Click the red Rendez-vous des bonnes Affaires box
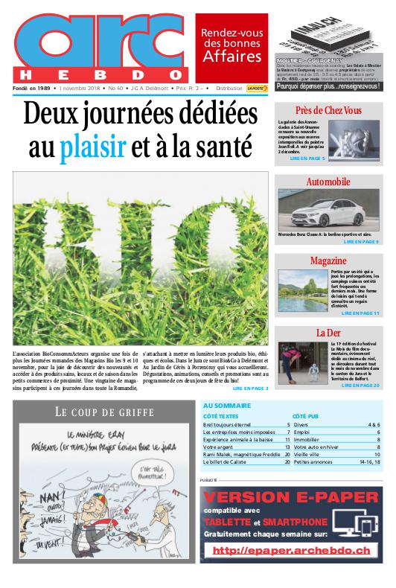(x=231, y=46)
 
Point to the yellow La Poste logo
(x=257, y=88)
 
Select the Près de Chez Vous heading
(x=328, y=110)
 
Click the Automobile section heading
(x=328, y=182)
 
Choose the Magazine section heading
(x=328, y=261)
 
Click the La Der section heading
(x=328, y=332)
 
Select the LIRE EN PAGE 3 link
(x=250, y=388)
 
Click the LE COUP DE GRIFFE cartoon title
(x=104, y=412)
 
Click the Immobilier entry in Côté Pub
(x=307, y=439)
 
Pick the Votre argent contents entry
(x=220, y=447)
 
